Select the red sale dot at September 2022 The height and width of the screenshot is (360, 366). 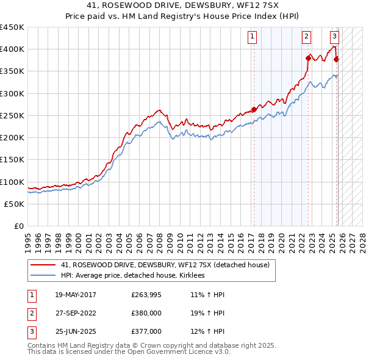click(308, 58)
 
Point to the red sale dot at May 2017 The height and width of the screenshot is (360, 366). click(254, 109)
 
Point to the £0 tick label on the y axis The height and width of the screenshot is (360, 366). click(18, 226)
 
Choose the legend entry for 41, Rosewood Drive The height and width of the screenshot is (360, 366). click(169, 265)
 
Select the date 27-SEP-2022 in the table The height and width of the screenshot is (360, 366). click(76, 313)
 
